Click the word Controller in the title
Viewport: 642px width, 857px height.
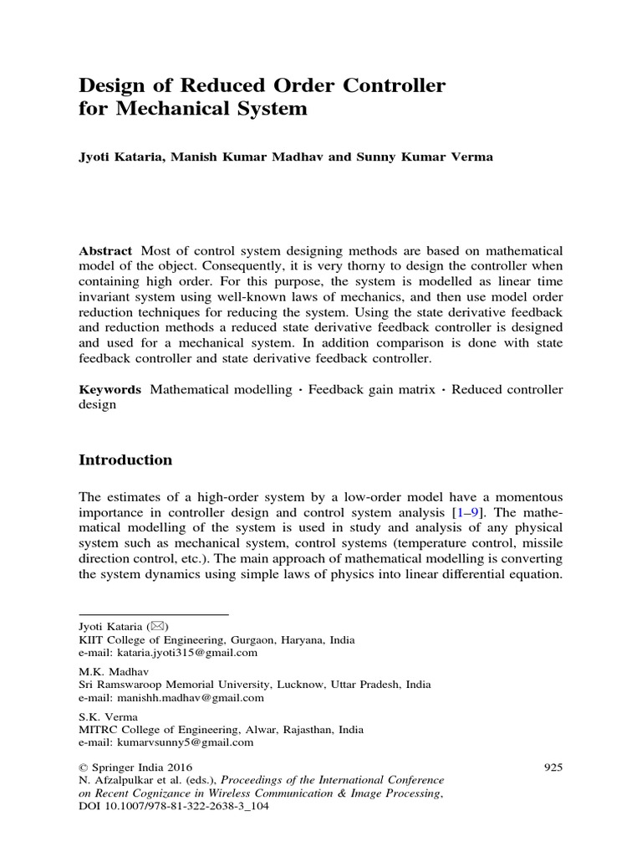tap(385, 85)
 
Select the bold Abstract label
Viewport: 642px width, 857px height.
tap(105, 251)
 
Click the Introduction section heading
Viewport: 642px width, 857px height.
tap(125, 459)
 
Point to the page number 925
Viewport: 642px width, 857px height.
tap(553, 766)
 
